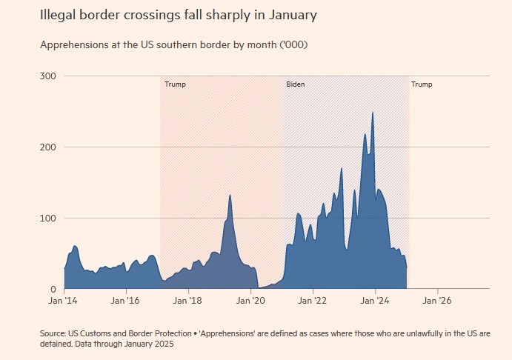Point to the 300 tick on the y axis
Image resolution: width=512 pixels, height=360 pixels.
point(50,76)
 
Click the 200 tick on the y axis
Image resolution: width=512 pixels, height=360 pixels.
point(50,147)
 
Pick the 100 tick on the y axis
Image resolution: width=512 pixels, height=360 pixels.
point(50,218)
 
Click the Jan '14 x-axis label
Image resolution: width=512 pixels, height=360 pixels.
point(64,301)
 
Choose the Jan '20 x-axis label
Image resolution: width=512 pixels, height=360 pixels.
point(251,301)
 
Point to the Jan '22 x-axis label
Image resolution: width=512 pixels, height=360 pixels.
point(313,301)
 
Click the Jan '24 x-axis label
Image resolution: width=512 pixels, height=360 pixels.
point(376,301)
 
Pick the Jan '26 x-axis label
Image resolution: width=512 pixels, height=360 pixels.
point(438,301)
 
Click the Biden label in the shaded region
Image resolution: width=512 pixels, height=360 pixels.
point(295,84)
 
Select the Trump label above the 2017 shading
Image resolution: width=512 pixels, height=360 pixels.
point(175,84)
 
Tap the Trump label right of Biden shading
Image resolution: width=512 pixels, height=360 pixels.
point(422,84)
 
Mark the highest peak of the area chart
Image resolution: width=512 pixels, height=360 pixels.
point(373,113)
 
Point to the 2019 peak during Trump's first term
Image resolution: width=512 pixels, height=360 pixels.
point(230,196)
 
